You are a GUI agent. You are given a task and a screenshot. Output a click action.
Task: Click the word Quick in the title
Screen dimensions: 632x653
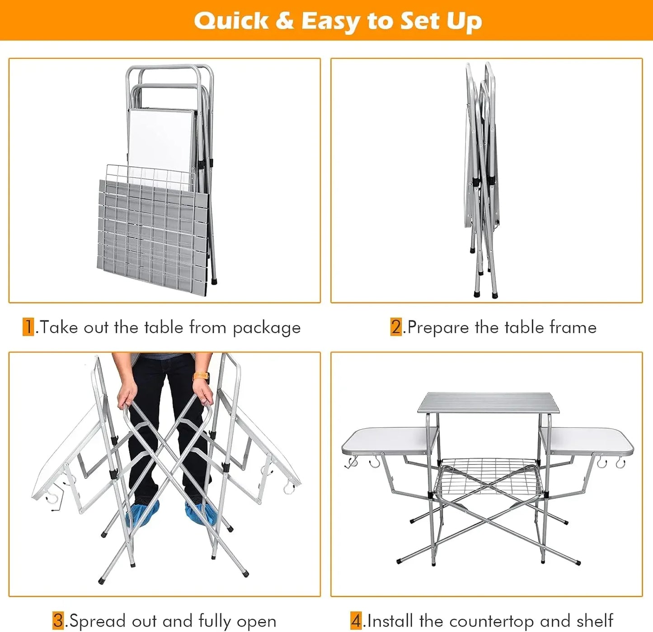pyautogui.click(x=230, y=21)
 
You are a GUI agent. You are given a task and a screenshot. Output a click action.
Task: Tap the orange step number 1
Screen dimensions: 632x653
pyautogui.click(x=28, y=327)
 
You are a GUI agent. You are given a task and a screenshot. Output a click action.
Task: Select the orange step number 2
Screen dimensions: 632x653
pyautogui.click(x=396, y=327)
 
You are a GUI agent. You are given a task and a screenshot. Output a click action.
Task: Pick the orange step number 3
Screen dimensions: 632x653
pyautogui.click(x=58, y=620)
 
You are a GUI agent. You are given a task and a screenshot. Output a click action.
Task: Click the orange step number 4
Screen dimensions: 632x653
pyautogui.click(x=356, y=620)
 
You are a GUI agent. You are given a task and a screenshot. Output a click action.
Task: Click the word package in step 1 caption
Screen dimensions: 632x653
pyautogui.click(x=267, y=328)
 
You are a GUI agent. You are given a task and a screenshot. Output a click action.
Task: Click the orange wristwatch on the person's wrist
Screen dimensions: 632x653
pyautogui.click(x=201, y=376)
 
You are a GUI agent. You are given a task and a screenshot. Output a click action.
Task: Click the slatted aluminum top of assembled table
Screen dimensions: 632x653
pyautogui.click(x=488, y=402)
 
